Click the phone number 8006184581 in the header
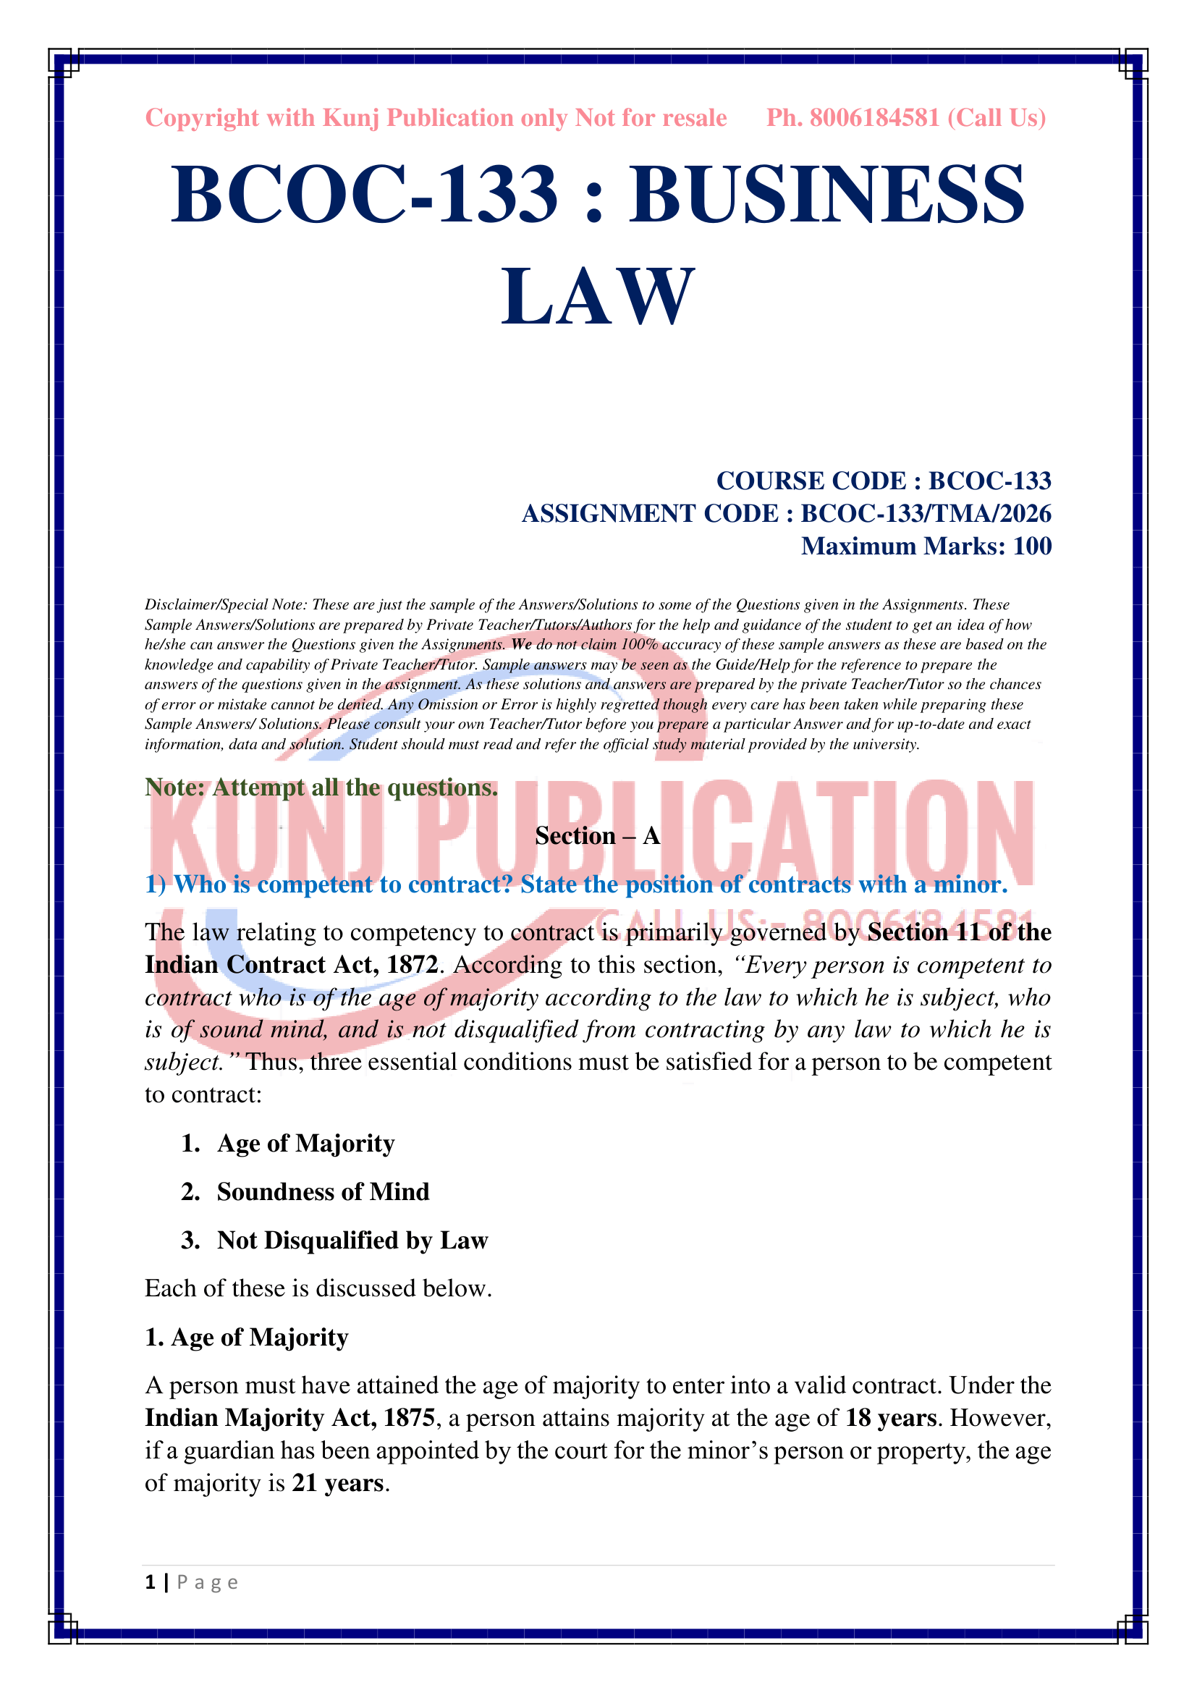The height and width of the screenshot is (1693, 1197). (874, 118)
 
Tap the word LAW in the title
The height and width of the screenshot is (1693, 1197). (598, 297)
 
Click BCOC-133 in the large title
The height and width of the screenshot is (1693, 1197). (364, 195)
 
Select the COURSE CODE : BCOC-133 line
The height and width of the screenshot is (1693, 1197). (883, 481)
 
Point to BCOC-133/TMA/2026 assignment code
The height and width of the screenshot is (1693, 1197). (926, 513)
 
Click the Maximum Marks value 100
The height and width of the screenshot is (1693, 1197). (1032, 546)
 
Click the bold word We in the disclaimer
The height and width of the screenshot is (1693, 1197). (521, 644)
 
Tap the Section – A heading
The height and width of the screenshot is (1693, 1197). (597, 835)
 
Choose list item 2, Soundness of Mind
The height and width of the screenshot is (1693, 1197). (323, 1191)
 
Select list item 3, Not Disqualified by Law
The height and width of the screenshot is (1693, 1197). (352, 1241)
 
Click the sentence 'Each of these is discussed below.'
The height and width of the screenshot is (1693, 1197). (318, 1288)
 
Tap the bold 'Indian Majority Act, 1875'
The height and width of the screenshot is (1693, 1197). (289, 1418)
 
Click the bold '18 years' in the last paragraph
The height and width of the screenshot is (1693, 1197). (890, 1418)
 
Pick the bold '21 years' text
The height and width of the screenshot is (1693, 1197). (337, 1483)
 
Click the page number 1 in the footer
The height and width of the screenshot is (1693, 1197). (151, 1582)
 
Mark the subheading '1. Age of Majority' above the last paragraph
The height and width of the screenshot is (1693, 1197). (246, 1337)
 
